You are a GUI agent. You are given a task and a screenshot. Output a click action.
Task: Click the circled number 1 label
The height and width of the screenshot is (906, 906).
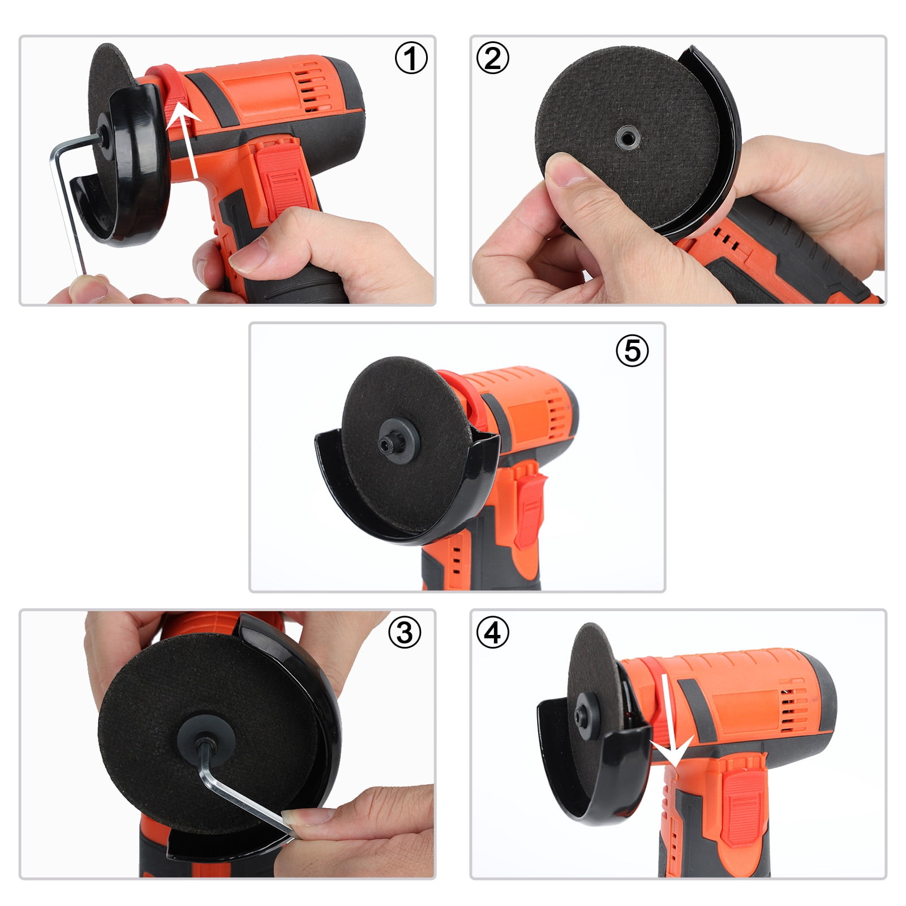point(411,58)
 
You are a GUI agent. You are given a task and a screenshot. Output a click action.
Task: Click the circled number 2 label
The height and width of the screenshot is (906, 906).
point(493,58)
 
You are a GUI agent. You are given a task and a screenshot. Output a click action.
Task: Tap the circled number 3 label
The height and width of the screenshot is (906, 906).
point(405,632)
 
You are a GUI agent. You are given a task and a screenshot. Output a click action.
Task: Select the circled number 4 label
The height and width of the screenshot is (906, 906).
point(493,632)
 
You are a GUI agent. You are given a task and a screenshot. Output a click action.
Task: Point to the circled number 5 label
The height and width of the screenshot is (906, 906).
point(632,350)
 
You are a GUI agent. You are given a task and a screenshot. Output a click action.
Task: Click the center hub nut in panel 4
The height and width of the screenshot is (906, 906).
point(582,716)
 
